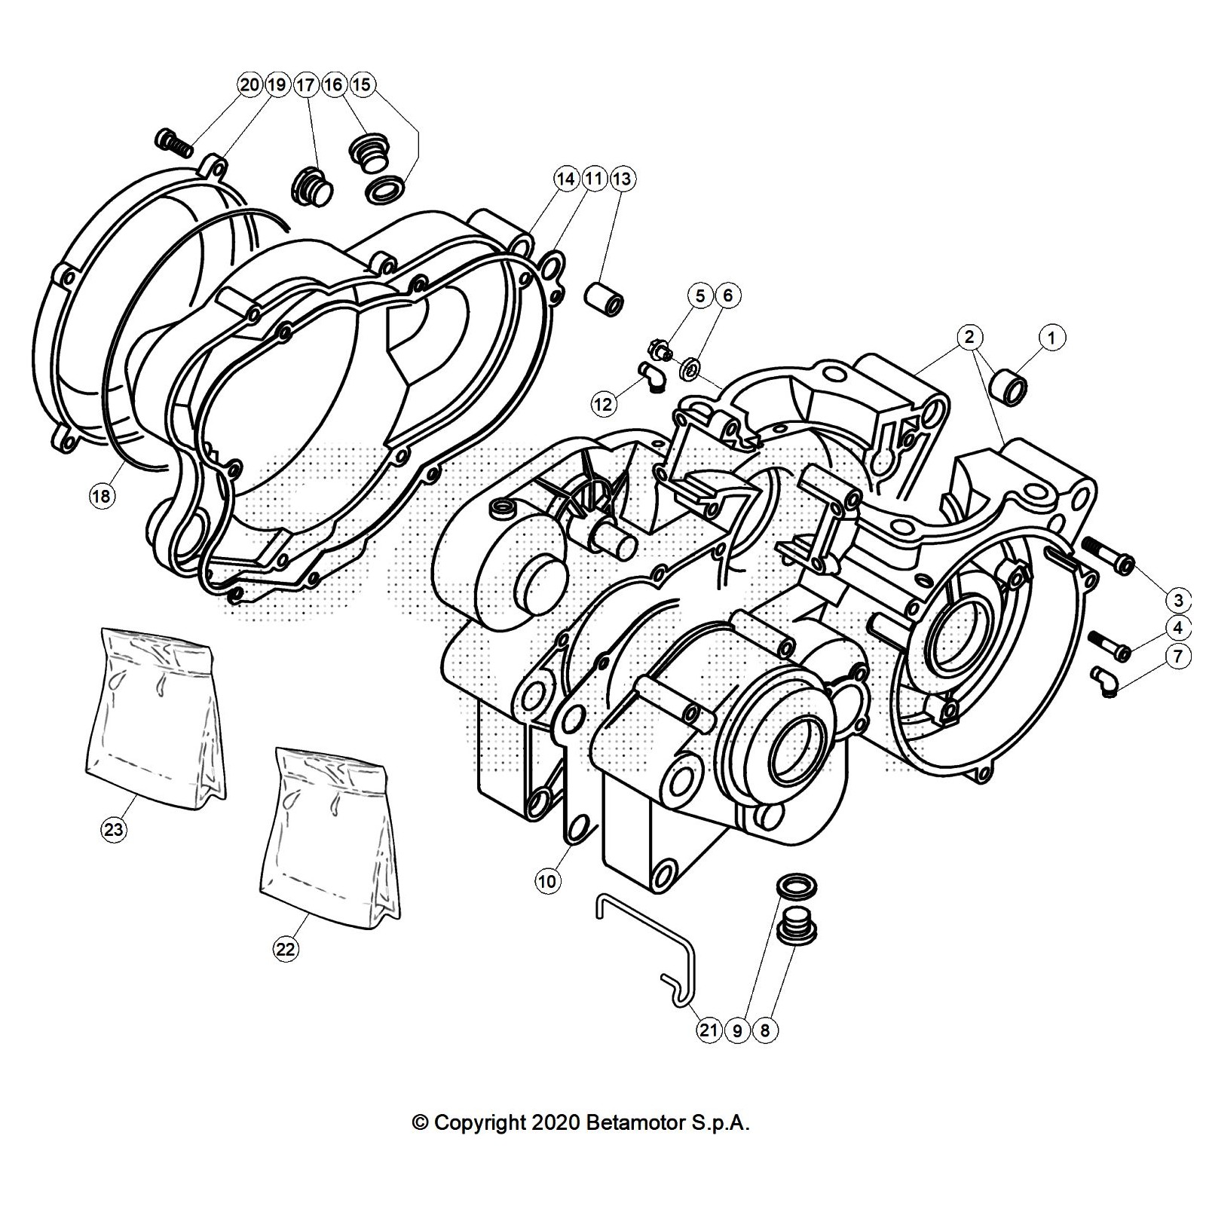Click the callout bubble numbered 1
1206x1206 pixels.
(x=1052, y=338)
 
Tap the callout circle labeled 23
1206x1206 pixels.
(x=113, y=830)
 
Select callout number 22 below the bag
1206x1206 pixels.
(x=285, y=949)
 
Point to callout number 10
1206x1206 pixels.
(x=548, y=880)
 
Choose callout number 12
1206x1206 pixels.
(x=604, y=404)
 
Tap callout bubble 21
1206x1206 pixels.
(x=708, y=1030)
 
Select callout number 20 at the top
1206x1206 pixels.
(x=249, y=84)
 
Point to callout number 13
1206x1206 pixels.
(x=622, y=179)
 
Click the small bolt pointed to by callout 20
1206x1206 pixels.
(x=172, y=140)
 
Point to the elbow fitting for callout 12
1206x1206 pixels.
(x=650, y=375)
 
